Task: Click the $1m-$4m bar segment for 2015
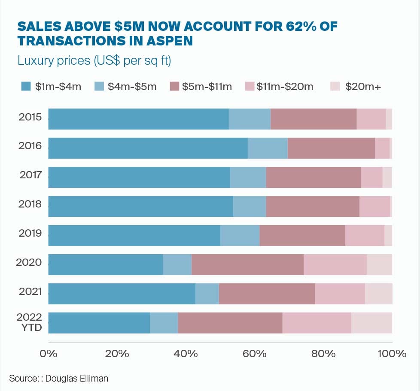[x=138, y=119]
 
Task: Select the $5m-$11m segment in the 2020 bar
[x=247, y=265]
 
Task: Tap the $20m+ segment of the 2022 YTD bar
[x=371, y=323]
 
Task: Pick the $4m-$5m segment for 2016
[x=268, y=148]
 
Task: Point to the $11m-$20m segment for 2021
[x=340, y=294]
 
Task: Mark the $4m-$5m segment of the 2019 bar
[x=240, y=235]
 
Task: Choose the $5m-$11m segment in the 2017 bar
[x=313, y=177]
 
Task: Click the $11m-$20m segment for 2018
[x=374, y=206]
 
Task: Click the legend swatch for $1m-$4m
[x=26, y=87]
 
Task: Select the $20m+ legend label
[x=363, y=87]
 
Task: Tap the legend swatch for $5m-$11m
[x=175, y=87]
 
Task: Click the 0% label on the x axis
[x=49, y=354]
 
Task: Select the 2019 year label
[x=30, y=233]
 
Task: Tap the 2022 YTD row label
[x=29, y=323]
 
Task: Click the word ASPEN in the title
[x=170, y=41]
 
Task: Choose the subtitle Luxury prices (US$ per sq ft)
[x=94, y=61]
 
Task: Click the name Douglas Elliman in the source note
[x=77, y=378]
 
